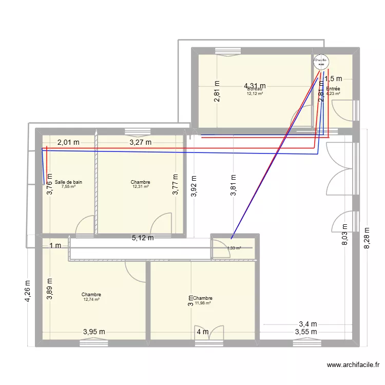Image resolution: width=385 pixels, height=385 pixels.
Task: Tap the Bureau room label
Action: (x=255, y=89)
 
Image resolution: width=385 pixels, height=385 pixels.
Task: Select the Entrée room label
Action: (x=333, y=89)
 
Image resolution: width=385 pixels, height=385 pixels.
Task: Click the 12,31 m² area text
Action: (x=140, y=187)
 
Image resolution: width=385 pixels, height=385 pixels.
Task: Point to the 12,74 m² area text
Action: (x=91, y=299)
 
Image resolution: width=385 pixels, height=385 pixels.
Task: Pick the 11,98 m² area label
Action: (x=202, y=303)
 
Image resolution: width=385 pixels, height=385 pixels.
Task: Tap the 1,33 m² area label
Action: (x=234, y=248)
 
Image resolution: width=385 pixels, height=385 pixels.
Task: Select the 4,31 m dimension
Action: (x=255, y=86)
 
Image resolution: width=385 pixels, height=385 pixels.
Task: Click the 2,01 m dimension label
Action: (x=68, y=142)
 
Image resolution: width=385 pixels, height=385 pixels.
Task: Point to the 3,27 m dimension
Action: (x=140, y=142)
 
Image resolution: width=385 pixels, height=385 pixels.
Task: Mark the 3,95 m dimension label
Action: (x=94, y=332)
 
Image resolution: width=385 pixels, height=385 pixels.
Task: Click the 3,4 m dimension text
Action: (x=308, y=324)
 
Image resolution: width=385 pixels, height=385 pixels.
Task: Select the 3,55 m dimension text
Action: (x=306, y=332)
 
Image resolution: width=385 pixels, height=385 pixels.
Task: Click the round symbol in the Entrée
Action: (x=321, y=62)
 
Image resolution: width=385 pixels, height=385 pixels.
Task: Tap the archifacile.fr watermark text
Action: (x=353, y=365)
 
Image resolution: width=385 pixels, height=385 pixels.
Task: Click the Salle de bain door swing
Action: (x=84, y=224)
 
